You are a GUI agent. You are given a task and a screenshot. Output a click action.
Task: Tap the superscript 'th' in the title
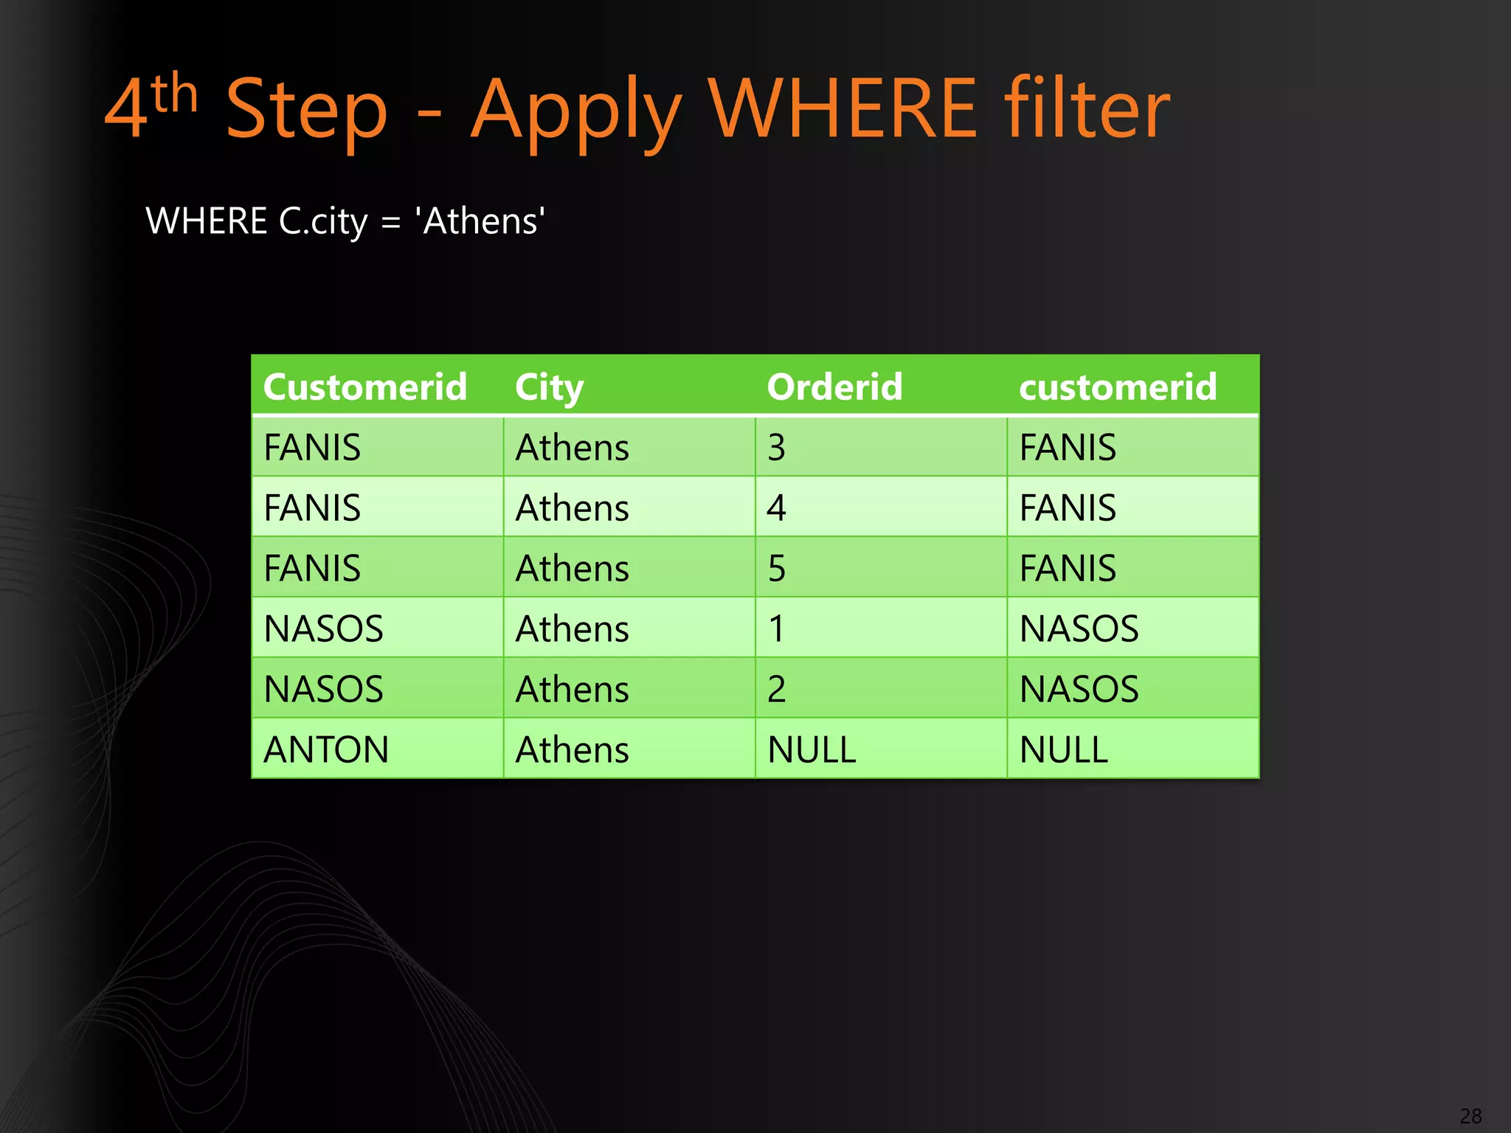click(x=174, y=94)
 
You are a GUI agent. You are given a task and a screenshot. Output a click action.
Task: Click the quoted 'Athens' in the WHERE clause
click(x=480, y=221)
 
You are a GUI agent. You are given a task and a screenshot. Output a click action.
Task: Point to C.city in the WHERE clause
click(x=322, y=221)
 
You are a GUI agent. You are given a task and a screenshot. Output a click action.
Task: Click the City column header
click(x=549, y=387)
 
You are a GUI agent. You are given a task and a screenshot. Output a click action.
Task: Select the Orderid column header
click(x=834, y=387)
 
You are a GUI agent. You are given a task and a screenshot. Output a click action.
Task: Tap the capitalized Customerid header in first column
click(x=365, y=387)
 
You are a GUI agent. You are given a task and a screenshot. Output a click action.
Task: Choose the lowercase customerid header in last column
click(x=1117, y=387)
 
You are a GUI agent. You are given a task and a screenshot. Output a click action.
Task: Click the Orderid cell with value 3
click(x=776, y=447)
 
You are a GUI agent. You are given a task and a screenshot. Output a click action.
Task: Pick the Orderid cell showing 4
click(x=776, y=507)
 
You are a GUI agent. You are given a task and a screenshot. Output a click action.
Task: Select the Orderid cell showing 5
click(x=776, y=568)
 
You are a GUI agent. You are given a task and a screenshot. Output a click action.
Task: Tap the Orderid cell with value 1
click(x=776, y=628)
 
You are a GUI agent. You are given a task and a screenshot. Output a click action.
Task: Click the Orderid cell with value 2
click(x=776, y=689)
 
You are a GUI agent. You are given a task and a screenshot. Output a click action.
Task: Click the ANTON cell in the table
click(x=326, y=749)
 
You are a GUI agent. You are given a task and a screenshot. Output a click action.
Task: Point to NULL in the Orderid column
click(x=812, y=749)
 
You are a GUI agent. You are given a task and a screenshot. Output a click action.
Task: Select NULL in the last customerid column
click(x=1063, y=749)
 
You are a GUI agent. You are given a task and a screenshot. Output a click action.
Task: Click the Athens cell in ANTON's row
click(x=572, y=749)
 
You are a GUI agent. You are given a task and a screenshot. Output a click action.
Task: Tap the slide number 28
click(x=1470, y=1115)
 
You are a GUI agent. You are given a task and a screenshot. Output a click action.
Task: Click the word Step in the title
click(x=306, y=109)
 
